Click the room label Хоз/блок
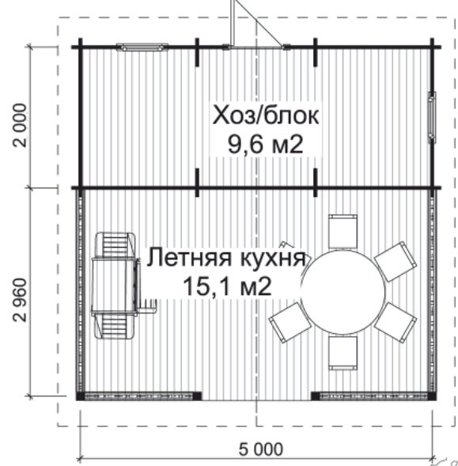pyautogui.click(x=266, y=116)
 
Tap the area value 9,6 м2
pyautogui.click(x=266, y=144)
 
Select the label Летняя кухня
pyautogui.click(x=226, y=258)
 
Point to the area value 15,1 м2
pyautogui.click(x=227, y=286)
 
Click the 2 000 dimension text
pyautogui.click(x=21, y=125)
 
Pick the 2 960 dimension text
pyautogui.click(x=21, y=300)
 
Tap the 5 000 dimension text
pyautogui.click(x=261, y=449)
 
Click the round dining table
pyautogui.click(x=343, y=292)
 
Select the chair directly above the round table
pyautogui.click(x=343, y=232)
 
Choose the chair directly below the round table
pyautogui.click(x=343, y=353)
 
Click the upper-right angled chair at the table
pyautogui.click(x=396, y=262)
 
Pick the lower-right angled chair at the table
pyautogui.click(x=396, y=323)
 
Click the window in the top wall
pyautogui.click(x=142, y=47)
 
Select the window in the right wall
pyautogui.click(x=432, y=117)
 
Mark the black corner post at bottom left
pyautogui.click(x=80, y=396)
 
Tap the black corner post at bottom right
pyautogui.click(x=432, y=396)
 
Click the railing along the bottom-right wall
pyautogui.click(x=373, y=396)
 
